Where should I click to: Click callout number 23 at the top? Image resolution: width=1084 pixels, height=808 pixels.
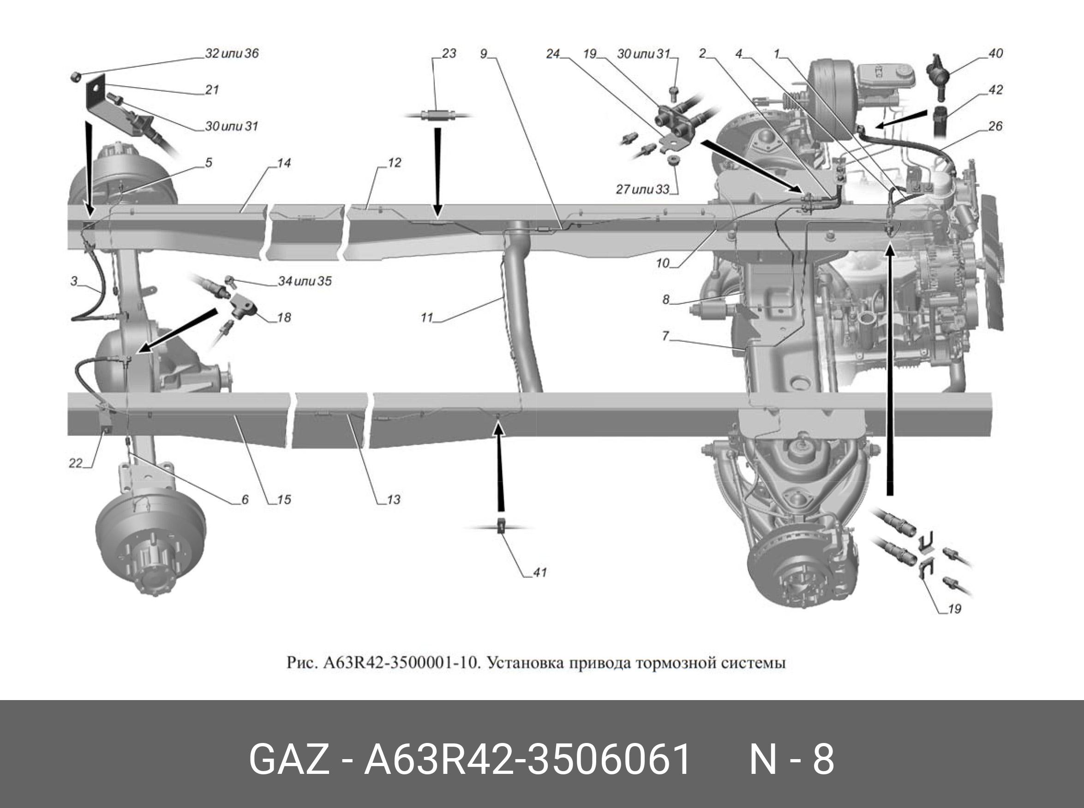[x=449, y=53]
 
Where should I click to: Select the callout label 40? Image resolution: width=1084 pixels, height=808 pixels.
[x=995, y=53]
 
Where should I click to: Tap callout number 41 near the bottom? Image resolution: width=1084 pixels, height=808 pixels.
[x=539, y=572]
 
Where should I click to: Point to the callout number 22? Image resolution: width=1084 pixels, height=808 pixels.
[x=75, y=463]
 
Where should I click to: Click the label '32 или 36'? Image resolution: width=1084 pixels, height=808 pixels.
[x=232, y=53]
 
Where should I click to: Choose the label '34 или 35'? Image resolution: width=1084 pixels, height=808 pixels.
[x=305, y=281]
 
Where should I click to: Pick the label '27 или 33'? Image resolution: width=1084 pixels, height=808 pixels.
[x=642, y=189]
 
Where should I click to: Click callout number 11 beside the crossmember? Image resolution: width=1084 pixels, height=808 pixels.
[x=427, y=318]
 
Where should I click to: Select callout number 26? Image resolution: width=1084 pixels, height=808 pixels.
[x=995, y=126]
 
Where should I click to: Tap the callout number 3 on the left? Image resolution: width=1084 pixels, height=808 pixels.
[x=74, y=281]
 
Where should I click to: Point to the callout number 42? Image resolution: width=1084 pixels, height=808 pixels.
[x=995, y=89]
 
